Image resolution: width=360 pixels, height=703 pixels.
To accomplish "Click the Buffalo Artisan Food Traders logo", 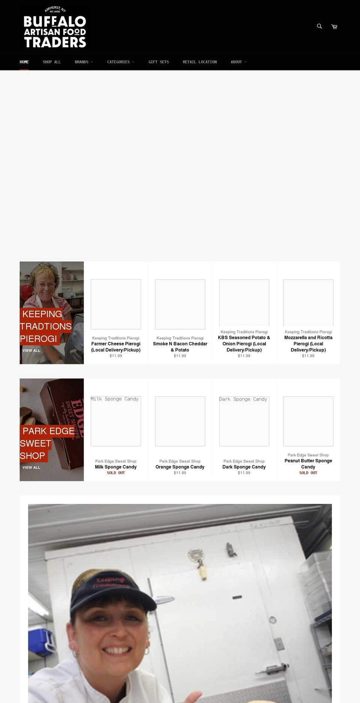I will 55,27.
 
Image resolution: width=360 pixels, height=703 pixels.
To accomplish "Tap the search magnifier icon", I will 319,26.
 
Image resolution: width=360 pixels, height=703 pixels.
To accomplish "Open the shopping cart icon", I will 334,27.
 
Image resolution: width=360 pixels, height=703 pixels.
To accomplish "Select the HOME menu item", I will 24,62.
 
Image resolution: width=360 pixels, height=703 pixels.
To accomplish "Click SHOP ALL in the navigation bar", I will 52,62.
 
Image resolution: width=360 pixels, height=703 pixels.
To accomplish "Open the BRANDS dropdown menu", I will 84,62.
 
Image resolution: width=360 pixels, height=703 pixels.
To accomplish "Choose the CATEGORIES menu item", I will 120,62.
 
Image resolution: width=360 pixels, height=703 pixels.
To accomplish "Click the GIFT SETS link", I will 159,62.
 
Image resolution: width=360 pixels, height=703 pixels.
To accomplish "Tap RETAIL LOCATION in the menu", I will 199,62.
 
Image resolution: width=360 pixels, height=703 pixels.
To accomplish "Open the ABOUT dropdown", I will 238,62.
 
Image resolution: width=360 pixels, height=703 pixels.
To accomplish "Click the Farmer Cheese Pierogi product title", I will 116,347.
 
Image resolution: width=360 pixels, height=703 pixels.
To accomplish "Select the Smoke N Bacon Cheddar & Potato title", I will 180,347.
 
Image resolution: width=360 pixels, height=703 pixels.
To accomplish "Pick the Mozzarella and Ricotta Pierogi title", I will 308,343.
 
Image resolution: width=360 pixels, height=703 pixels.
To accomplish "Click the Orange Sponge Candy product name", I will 180,467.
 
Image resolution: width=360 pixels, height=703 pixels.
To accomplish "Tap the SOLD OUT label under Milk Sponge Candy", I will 116,473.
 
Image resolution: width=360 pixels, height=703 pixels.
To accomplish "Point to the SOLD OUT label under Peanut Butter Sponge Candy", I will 308,473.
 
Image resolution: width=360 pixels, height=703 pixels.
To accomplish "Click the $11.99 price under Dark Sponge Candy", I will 244,473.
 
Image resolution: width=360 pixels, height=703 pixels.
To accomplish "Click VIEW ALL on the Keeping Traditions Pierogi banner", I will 31,351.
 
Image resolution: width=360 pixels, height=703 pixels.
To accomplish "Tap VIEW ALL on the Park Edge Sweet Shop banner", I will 31,468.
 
